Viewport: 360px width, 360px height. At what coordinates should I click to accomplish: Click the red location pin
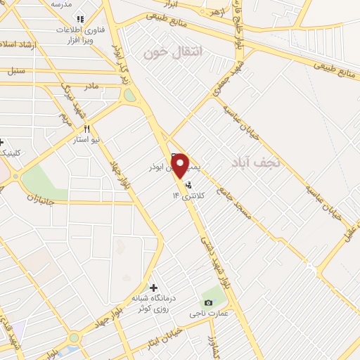(x=180, y=165)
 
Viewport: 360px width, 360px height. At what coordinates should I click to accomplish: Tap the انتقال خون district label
(x=172, y=52)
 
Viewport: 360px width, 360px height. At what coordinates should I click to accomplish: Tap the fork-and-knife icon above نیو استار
(x=87, y=129)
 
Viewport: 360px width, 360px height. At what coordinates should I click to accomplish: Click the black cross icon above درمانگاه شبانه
(x=153, y=287)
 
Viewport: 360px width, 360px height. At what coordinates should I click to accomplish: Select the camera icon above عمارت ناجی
(x=207, y=302)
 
